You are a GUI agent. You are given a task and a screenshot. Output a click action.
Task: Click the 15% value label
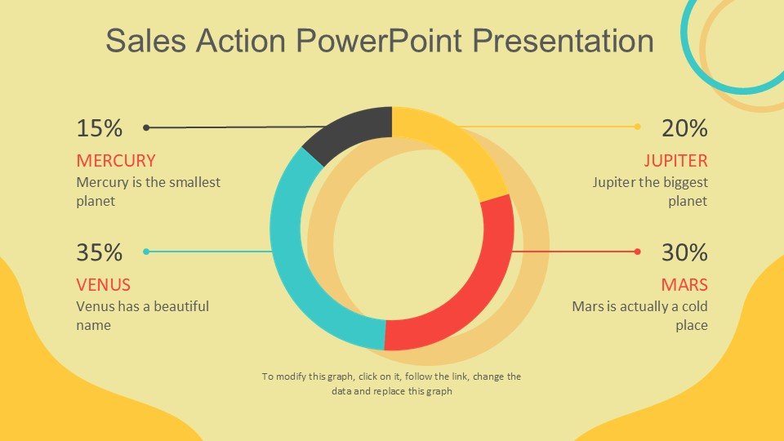click(99, 128)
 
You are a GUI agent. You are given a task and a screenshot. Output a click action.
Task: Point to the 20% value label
click(684, 128)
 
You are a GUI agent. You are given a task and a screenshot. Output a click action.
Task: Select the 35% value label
click(99, 252)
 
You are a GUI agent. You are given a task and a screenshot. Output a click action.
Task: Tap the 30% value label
click(684, 252)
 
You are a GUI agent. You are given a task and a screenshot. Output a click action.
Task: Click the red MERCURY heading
click(116, 161)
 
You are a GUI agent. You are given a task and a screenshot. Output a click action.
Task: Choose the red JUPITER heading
click(675, 161)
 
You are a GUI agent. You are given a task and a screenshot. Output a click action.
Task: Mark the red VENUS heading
click(104, 284)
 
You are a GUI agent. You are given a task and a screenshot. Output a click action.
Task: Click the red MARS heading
click(684, 284)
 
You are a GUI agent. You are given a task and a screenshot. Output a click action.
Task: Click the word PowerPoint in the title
click(379, 40)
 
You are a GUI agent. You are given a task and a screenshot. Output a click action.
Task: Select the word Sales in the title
click(146, 40)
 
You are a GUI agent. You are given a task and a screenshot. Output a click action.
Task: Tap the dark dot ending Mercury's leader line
click(146, 127)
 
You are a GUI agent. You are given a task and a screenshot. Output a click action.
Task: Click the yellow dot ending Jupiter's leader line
click(637, 127)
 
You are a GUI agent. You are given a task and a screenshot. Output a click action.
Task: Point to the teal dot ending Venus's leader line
click(146, 252)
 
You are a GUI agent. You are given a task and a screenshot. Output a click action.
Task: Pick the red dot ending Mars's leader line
click(637, 252)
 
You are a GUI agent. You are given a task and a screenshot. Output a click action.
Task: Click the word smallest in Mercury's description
click(194, 182)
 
